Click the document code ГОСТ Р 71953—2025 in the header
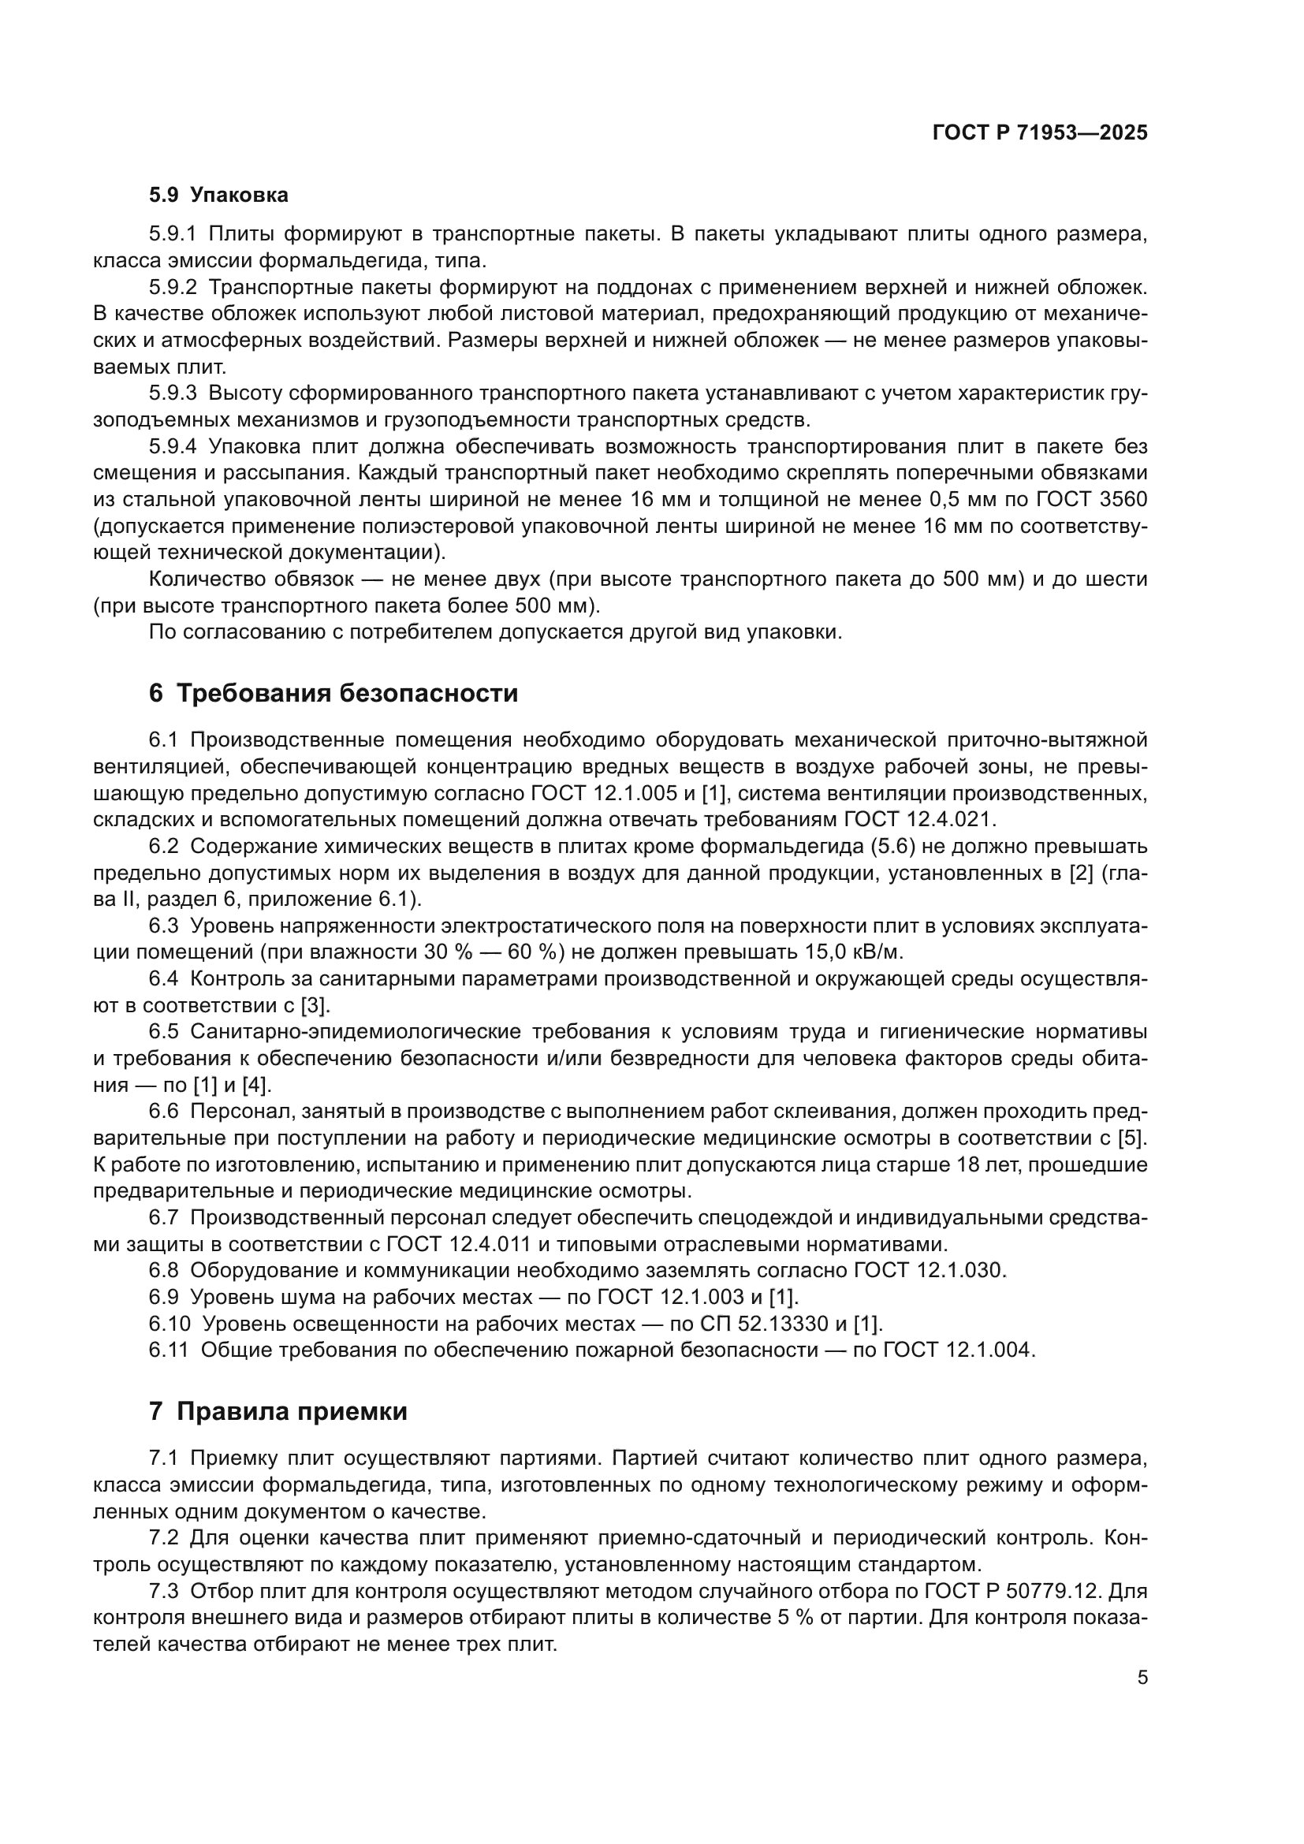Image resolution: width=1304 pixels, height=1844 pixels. click(x=1040, y=133)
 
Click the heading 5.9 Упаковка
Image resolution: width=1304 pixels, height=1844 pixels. click(x=218, y=196)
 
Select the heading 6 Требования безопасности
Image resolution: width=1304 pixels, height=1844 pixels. click(x=333, y=693)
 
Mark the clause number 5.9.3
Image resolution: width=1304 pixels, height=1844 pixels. click(x=173, y=393)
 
